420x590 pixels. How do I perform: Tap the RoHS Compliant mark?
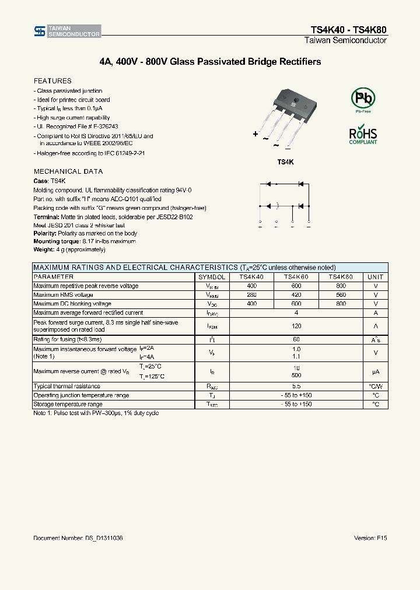[363, 134]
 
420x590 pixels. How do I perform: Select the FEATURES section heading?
[52, 81]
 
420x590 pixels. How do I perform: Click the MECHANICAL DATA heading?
[68, 171]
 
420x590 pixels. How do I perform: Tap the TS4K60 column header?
[296, 277]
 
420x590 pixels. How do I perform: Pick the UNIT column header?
[376, 277]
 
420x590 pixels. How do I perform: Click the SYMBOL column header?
[212, 277]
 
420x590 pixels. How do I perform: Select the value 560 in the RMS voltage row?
[341, 295]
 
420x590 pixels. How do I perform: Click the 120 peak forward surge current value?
[296, 326]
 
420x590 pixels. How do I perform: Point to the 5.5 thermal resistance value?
[296, 386]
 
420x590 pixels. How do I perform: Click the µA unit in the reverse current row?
[376, 371]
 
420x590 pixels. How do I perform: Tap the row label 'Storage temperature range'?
[68, 404]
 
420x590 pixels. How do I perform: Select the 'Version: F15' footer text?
[370, 538]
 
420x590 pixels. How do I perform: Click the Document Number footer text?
[78, 538]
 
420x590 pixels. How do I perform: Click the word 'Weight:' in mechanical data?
[44, 250]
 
